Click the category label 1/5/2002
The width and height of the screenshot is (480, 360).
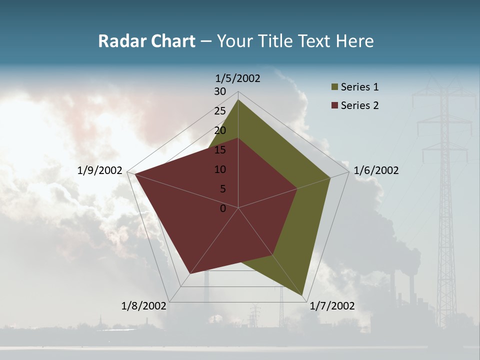point(237,78)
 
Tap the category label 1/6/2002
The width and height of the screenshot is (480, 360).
point(376,170)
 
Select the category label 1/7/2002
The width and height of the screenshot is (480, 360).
point(332,306)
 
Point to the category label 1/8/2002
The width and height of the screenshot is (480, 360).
point(144,306)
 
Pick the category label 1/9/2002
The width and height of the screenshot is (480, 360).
point(100,170)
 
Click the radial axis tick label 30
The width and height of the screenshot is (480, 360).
point(220,91)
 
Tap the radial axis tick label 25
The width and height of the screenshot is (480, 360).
point(220,111)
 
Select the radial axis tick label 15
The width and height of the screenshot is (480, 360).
point(220,150)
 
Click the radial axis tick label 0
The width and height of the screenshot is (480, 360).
point(223,208)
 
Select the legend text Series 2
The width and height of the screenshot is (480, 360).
point(359,105)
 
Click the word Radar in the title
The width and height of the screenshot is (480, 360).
point(118,41)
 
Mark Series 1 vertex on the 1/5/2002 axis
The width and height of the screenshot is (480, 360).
point(238,99)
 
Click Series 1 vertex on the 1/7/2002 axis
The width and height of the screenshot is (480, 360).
point(303,296)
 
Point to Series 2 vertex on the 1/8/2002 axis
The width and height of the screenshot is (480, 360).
point(190,273)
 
